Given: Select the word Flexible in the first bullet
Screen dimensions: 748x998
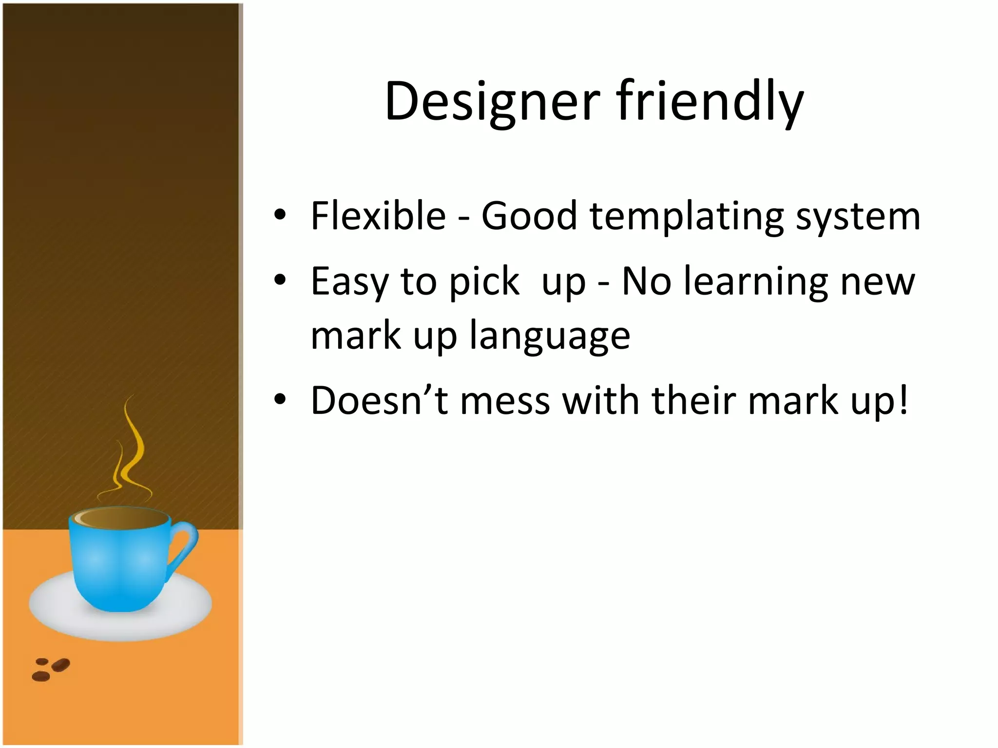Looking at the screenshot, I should (x=378, y=216).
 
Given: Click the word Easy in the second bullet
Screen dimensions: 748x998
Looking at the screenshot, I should (x=349, y=282).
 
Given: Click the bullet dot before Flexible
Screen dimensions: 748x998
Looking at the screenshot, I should (x=280, y=215).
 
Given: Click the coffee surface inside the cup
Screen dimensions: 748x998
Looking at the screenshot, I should (x=122, y=520).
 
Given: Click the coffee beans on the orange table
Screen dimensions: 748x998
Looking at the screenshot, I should (x=51, y=669).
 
